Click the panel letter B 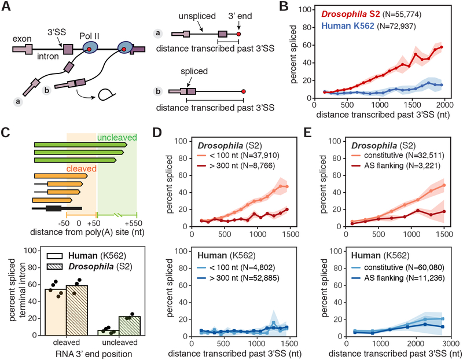pos(284,6)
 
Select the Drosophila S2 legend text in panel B pos(351,14)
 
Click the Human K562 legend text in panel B pos(348,26)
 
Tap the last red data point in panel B pos(442,47)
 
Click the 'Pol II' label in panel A pos(89,36)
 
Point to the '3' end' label pos(240,16)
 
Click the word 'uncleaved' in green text pos(117,138)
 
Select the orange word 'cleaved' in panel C pos(82,168)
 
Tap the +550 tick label pos(133,223)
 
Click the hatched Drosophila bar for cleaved pos(77,310)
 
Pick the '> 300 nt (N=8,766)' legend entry pos(236,166)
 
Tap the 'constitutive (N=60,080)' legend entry pos(397,267)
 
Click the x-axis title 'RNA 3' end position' pos(94,354)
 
